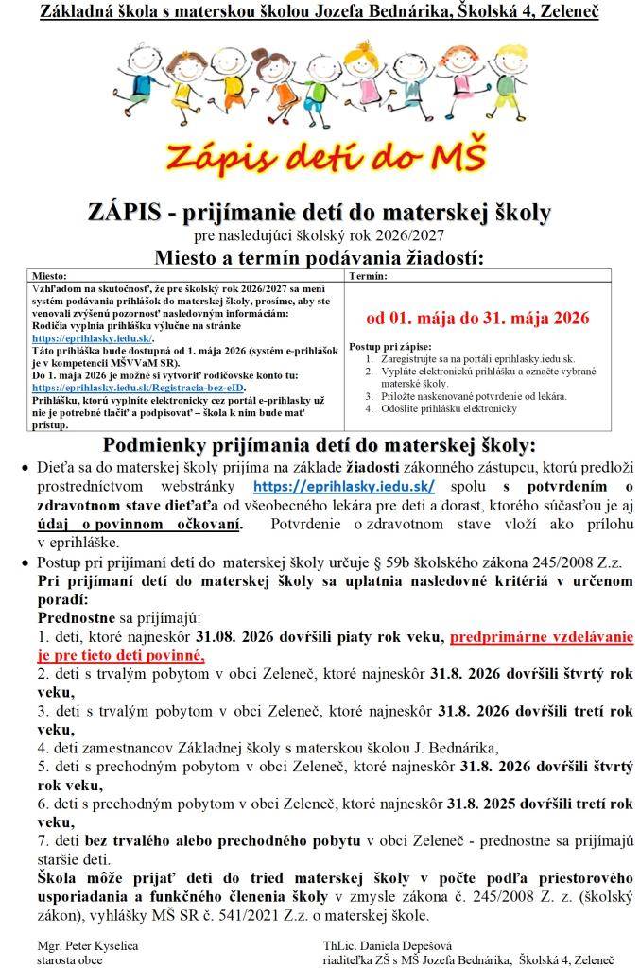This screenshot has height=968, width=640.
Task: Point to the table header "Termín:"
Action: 368,276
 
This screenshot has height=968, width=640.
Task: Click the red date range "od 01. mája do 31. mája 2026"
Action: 477,318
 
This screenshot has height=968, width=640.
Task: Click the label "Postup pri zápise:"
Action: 390,348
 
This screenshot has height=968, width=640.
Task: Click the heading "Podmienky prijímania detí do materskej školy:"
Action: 320,445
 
